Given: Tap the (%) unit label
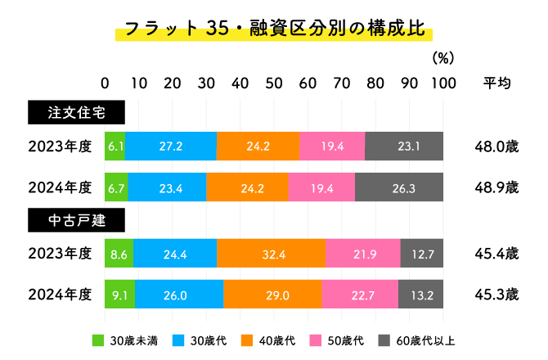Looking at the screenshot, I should pos(442,59).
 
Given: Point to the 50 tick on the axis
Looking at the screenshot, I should pos(274,83).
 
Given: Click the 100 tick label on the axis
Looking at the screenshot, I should pos(443,83).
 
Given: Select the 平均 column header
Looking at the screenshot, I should pos(497,83).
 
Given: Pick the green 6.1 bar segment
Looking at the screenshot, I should pos(115,146).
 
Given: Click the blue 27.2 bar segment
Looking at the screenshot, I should pos(172,146).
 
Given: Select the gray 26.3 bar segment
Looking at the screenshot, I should pos(399,187).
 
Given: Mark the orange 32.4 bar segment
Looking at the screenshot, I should pos(270,254).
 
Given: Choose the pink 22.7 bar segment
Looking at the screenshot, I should pos(360,294).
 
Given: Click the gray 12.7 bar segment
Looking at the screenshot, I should pos(422,254).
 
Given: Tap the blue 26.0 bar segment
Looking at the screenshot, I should pos(179,294).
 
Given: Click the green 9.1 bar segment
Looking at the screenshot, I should pos(120,294).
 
